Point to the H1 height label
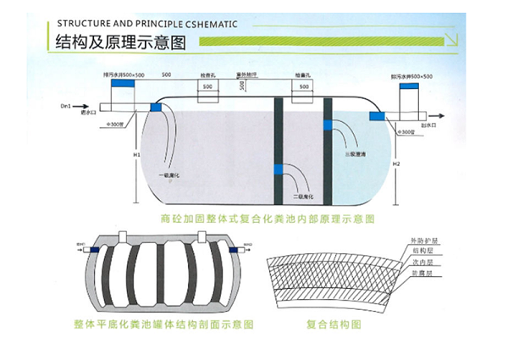[136, 156]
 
